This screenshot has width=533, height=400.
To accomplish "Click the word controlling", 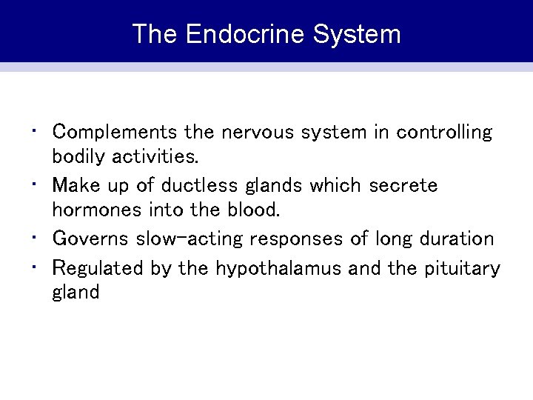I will [x=443, y=133].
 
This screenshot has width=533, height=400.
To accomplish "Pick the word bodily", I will [x=78, y=158].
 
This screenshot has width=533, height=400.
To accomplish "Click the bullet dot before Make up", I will [x=37, y=182].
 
